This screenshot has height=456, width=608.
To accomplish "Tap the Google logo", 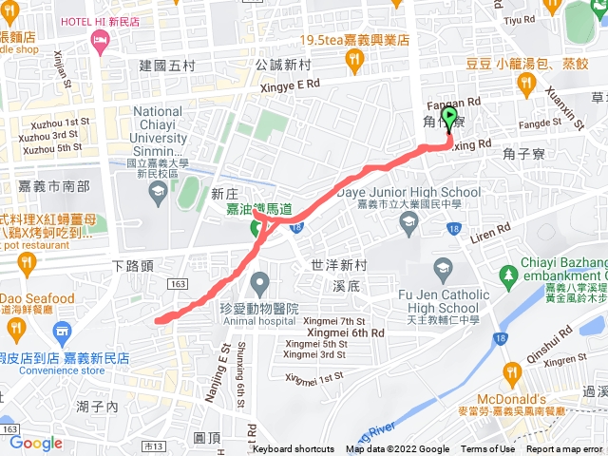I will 36,444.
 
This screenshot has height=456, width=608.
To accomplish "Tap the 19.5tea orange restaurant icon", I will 354,61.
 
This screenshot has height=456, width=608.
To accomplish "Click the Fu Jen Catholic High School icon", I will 442,269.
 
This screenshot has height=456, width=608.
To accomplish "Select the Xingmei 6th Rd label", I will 346,332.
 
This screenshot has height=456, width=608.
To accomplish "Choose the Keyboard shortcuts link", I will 294,449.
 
